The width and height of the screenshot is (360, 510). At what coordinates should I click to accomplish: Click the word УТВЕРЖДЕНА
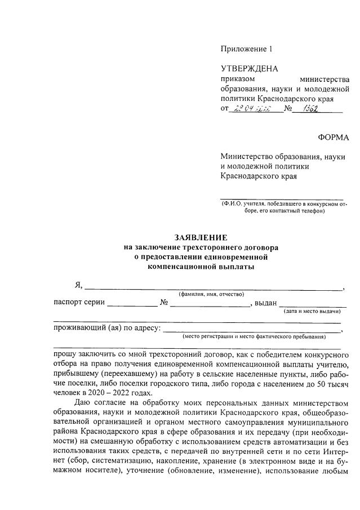click(249, 69)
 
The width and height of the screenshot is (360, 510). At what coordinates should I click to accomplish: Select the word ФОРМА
click(334, 138)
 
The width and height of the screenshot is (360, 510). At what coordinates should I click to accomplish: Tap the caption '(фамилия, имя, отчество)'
click(211, 294)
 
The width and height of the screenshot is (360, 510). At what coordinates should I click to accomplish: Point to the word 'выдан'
click(265, 303)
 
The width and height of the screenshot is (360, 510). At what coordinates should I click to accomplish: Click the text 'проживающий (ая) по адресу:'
click(107, 328)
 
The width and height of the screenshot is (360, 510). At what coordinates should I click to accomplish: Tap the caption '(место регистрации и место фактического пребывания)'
click(254, 336)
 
